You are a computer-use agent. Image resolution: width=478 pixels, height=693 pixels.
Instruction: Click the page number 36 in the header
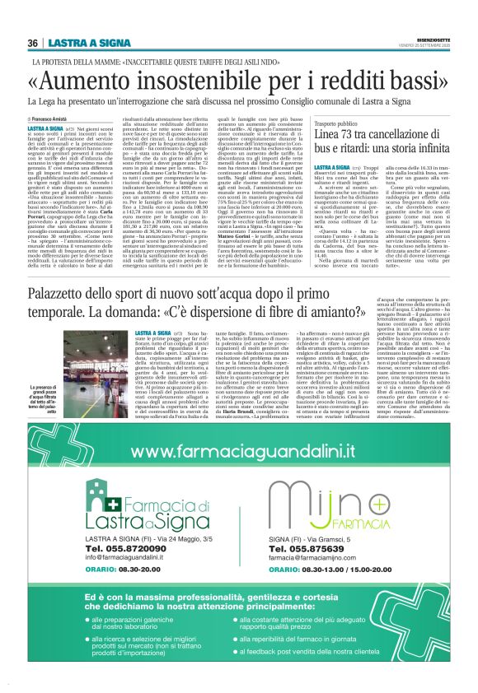point(33,43)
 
